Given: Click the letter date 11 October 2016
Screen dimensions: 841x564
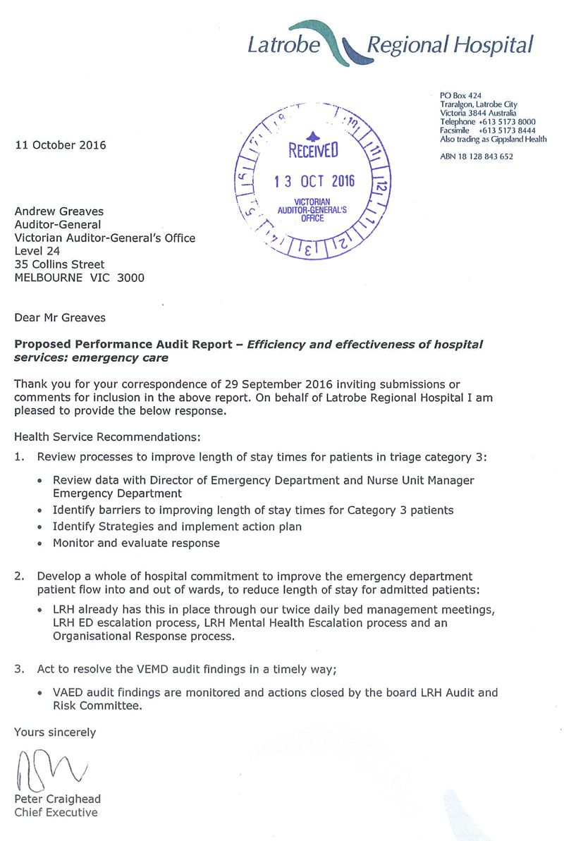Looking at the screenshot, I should point(61,146).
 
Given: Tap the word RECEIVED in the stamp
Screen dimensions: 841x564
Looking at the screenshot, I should point(313,149).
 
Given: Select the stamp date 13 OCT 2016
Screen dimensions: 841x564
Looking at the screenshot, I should point(314,180).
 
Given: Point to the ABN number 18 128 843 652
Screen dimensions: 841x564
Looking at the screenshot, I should point(477,156).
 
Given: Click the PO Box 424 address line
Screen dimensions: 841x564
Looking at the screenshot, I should point(460,95).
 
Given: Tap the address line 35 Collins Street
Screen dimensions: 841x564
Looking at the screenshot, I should point(60,264).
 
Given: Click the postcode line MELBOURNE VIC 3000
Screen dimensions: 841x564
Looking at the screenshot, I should point(80,278).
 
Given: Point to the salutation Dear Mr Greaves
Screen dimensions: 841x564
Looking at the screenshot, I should point(60,318).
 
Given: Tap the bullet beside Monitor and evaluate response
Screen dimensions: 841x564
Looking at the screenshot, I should point(42,544).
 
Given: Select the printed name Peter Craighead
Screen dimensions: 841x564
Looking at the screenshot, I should point(58,799).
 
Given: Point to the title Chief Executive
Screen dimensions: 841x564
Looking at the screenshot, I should point(56,812).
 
